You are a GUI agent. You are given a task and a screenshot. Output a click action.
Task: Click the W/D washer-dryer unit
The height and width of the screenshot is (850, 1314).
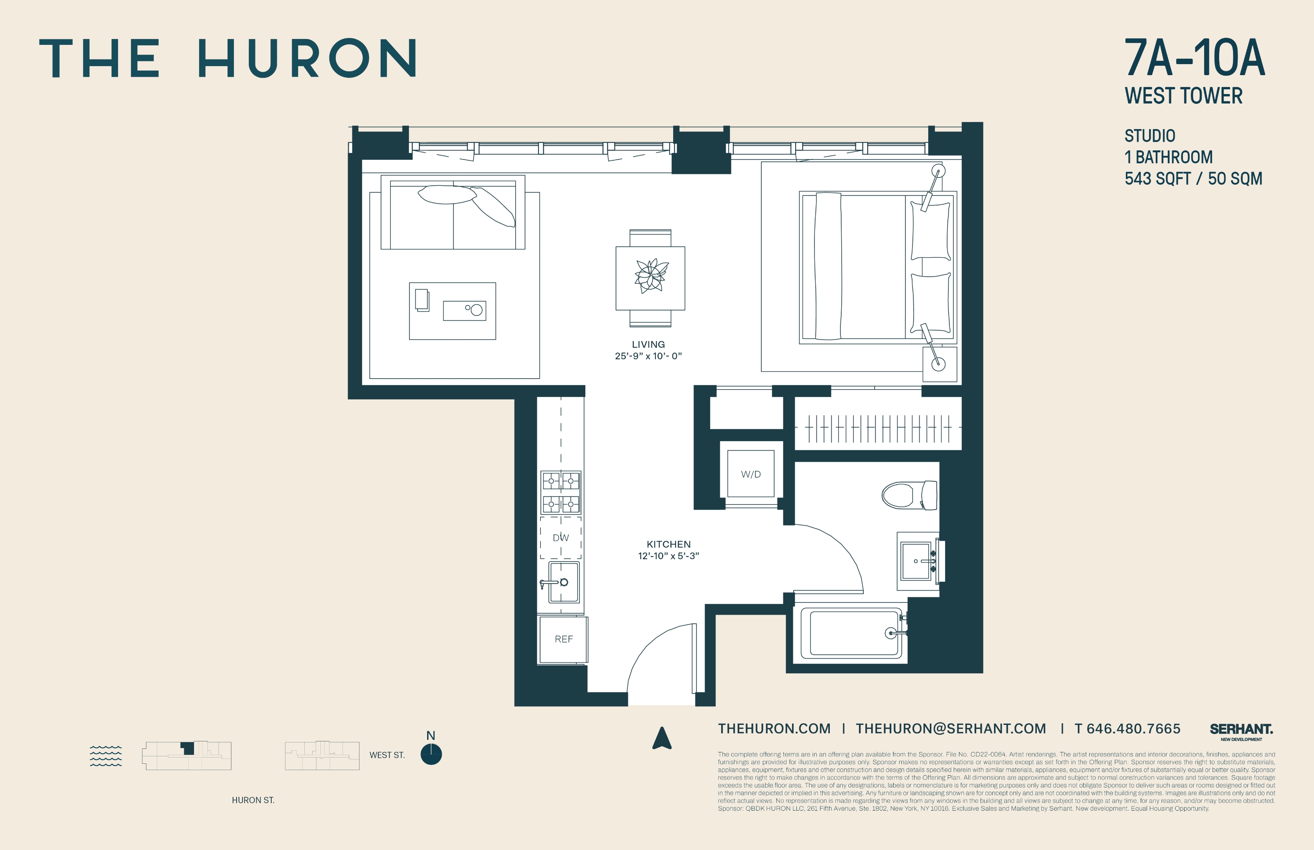(750, 473)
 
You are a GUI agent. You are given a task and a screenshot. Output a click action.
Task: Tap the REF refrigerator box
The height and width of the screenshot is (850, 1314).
(563, 639)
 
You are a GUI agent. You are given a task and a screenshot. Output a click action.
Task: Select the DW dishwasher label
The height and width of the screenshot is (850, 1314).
(561, 538)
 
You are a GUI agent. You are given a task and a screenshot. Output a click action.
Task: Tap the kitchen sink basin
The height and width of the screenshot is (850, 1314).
(563, 582)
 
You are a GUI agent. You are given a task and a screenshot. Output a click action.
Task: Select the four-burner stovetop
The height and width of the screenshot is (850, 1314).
(561, 492)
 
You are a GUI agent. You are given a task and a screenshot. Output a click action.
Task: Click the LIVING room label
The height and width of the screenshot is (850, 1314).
(648, 344)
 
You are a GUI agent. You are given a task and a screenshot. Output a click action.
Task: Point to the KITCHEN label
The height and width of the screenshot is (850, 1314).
(668, 544)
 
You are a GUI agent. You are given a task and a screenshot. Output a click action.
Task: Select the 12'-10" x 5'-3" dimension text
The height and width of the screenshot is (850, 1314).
(668, 556)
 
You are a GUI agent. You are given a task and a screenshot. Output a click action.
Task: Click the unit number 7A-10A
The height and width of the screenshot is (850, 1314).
(1194, 58)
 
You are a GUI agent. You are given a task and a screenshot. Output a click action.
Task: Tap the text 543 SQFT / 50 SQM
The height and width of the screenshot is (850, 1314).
(1193, 179)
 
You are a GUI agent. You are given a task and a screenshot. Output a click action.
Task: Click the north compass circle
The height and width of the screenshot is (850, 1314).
(431, 754)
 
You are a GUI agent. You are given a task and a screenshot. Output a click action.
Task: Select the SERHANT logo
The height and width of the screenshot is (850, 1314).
(1241, 730)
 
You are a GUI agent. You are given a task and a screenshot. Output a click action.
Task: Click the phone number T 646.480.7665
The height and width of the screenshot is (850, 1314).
(1127, 728)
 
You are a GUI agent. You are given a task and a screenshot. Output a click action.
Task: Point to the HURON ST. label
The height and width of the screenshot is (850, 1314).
(253, 800)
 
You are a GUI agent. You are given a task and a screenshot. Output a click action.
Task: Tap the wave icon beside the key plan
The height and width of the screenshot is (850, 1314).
(105, 756)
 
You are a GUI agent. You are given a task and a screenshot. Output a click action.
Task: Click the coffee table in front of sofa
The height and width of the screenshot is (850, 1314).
(452, 311)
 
